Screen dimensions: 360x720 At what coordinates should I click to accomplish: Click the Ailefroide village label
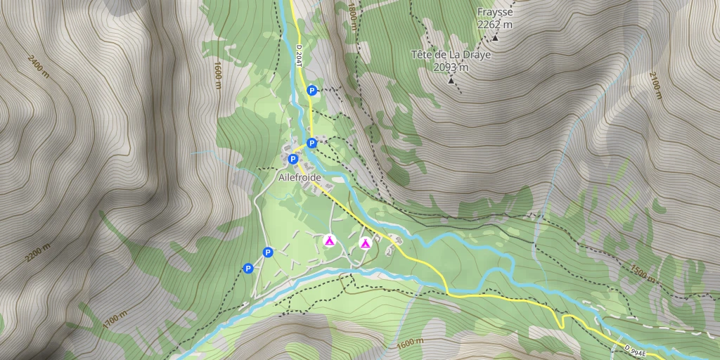click(x=299, y=178)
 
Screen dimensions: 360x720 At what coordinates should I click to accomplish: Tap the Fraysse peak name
click(x=494, y=12)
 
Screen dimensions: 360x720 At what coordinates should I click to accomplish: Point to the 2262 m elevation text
click(x=494, y=25)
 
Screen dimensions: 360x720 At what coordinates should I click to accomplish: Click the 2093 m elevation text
click(x=451, y=67)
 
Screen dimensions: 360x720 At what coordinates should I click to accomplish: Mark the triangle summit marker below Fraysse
click(x=495, y=37)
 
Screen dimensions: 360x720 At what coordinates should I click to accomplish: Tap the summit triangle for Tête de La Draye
click(x=451, y=81)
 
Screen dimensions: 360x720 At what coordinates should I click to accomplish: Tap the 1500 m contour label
click(x=642, y=275)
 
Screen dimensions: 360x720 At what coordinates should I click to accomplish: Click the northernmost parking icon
click(x=311, y=90)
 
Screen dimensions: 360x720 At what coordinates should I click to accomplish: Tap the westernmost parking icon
click(x=247, y=268)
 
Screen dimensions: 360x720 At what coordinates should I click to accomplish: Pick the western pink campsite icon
click(x=328, y=240)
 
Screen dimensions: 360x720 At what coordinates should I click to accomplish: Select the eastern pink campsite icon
click(x=365, y=243)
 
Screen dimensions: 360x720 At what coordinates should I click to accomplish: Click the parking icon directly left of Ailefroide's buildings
click(x=292, y=159)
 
